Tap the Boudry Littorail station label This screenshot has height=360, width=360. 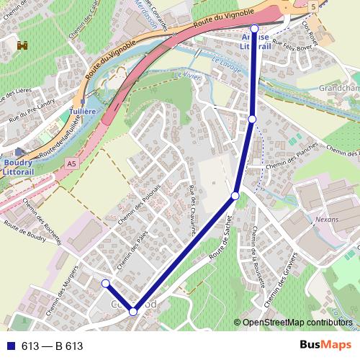click(16, 168)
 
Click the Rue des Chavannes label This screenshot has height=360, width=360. click(192, 210)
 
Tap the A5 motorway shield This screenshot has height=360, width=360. click(71, 165)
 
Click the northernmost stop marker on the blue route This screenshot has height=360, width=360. click(254, 28)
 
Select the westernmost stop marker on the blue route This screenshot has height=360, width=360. click(105, 283)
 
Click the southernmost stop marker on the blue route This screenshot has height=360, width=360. click(133, 312)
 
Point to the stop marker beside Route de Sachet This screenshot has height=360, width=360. click(235, 196)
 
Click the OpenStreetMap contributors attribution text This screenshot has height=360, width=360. click(297, 323)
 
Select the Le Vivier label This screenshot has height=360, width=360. click(184, 73)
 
